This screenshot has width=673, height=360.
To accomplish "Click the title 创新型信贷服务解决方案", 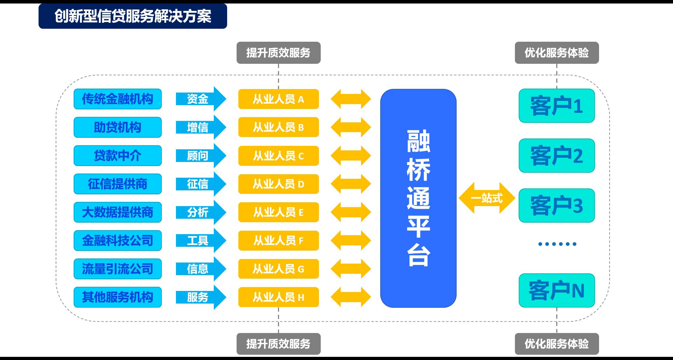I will (132, 16).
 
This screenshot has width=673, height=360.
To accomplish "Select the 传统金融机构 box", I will (117, 99).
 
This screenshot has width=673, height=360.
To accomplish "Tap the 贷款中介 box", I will (117, 156).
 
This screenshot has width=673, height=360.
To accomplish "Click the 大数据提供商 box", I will (117, 212).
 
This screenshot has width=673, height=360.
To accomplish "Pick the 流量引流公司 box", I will (117, 269).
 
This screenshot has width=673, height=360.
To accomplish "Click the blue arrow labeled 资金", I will (200, 99).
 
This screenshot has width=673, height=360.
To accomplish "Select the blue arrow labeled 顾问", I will (200, 156).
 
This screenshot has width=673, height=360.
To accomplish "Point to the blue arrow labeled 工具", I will (200, 240).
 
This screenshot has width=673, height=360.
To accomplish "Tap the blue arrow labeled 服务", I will (200, 297).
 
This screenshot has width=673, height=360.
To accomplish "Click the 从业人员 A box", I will (278, 99).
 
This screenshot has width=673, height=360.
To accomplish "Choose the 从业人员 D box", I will (278, 184).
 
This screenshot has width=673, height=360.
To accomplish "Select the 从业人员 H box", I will (278, 297).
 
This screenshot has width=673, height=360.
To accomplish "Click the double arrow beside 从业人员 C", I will (351, 156).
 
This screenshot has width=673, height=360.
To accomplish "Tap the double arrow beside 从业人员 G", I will (351, 269).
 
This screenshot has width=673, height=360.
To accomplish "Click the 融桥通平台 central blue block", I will (418, 198).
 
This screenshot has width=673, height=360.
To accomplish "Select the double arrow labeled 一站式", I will (487, 198).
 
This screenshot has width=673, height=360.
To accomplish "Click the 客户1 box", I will (557, 106).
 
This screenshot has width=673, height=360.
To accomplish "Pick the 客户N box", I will (557, 290).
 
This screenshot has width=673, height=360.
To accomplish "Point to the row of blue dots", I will (557, 244).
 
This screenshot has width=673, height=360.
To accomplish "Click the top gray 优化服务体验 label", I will (557, 53).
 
